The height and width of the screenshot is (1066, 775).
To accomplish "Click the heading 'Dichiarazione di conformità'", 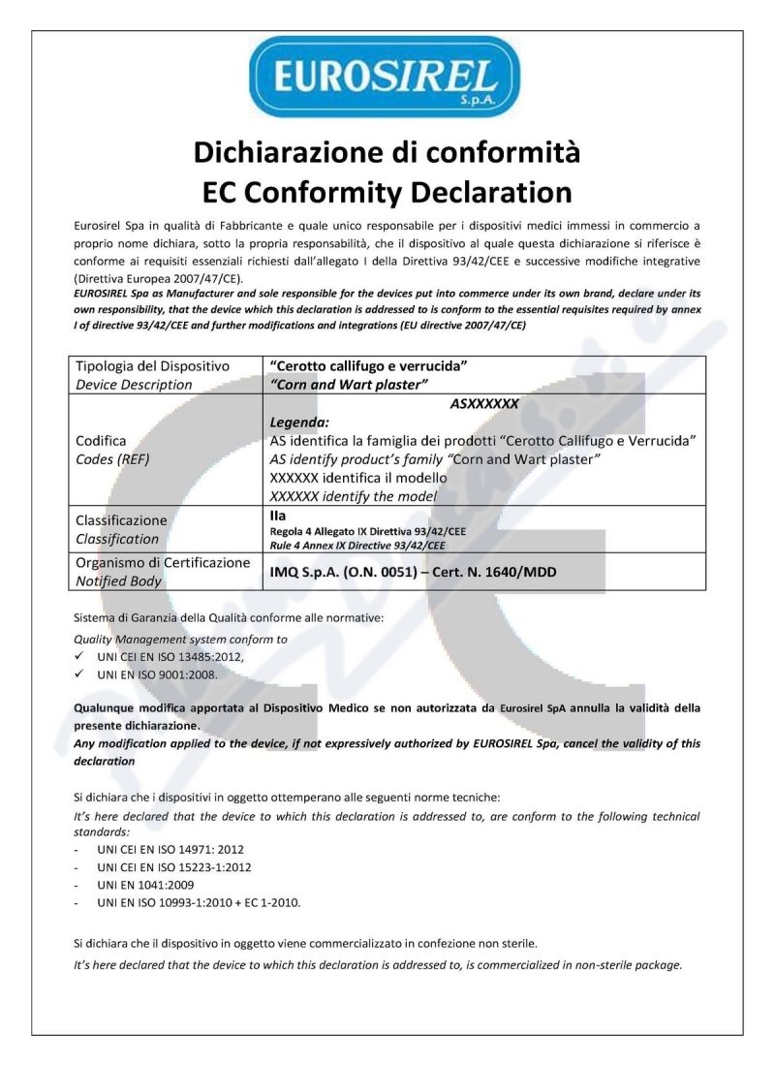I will click(x=387, y=152).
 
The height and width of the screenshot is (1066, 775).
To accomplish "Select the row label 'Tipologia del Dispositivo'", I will click(x=151, y=366).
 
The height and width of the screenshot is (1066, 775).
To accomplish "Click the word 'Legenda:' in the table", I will click(x=301, y=422).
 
